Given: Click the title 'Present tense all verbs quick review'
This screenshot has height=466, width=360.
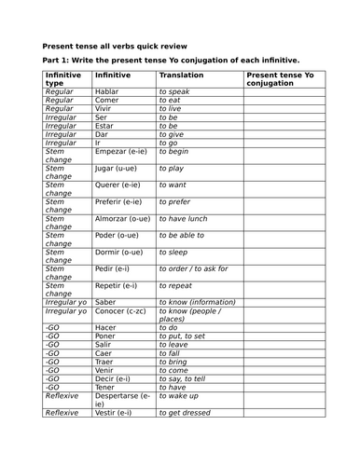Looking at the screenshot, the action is (115, 45).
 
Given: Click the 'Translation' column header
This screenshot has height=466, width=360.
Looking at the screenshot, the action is (181, 75).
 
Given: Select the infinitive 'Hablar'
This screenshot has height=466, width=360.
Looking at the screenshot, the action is (107, 92).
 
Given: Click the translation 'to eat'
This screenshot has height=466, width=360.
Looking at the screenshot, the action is (173, 101).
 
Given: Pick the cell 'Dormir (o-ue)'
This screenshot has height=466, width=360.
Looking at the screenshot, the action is (120, 252).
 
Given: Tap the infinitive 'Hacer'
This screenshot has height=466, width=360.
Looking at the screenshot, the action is (106, 327).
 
